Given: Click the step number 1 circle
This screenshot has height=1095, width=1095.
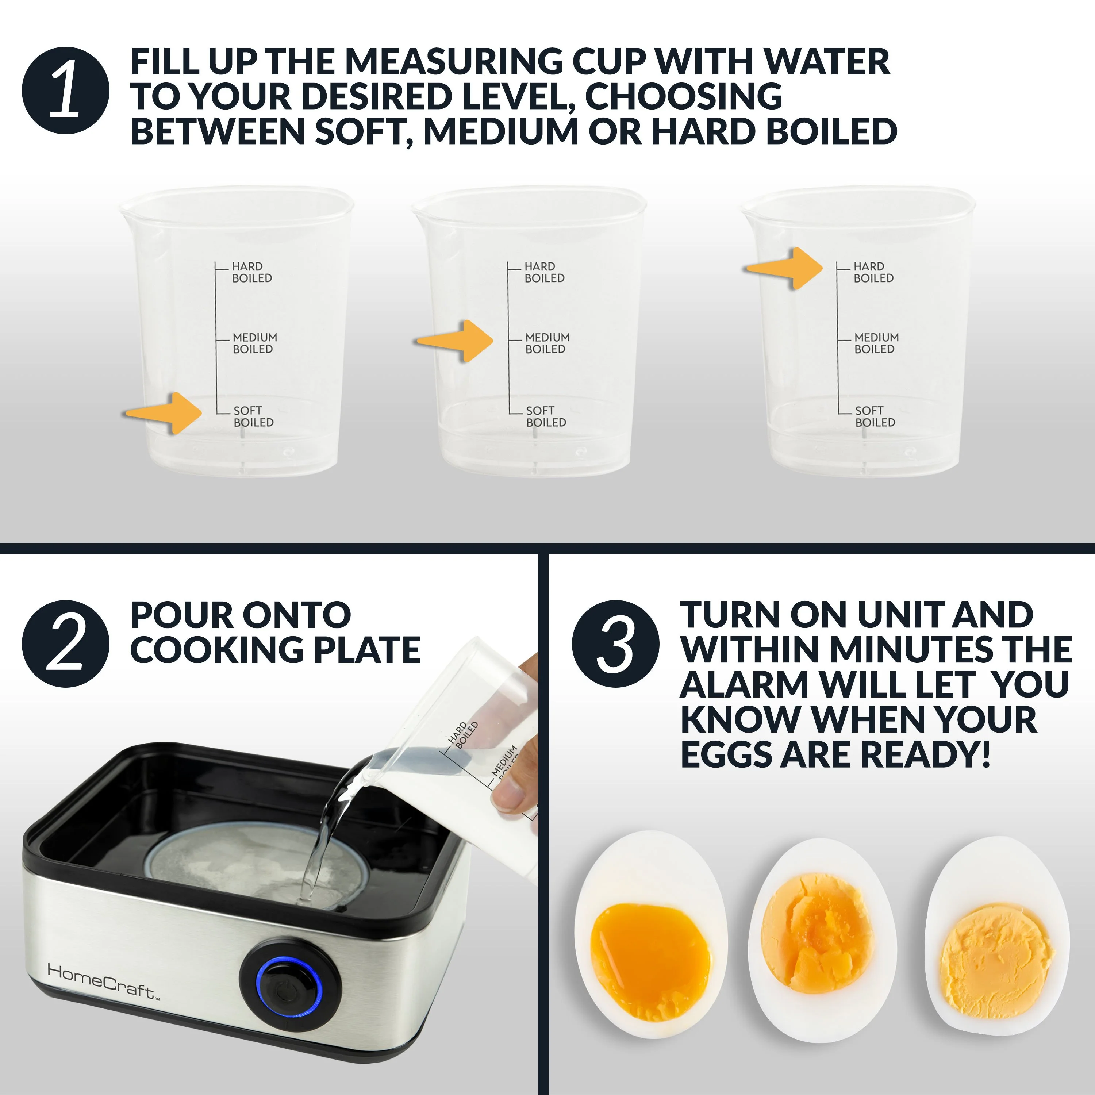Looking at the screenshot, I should click(66, 91).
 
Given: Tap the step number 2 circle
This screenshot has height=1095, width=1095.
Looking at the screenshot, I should click(66, 644).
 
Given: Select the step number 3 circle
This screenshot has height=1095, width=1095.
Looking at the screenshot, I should click(615, 644).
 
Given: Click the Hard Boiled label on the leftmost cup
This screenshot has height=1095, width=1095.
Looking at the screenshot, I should click(251, 272).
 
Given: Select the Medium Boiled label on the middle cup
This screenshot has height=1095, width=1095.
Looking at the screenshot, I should click(546, 343).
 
